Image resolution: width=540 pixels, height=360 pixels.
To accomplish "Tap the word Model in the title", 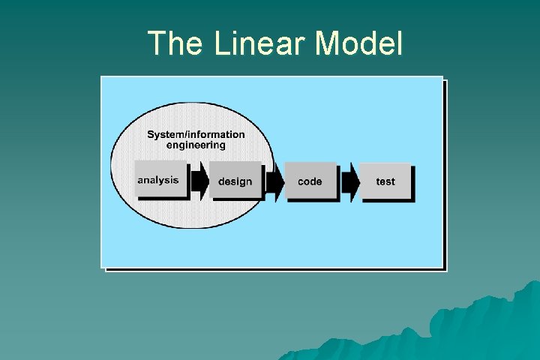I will (x=359, y=43).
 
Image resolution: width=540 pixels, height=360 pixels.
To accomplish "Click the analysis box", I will (x=159, y=180).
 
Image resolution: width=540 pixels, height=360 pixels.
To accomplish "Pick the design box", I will (x=235, y=181).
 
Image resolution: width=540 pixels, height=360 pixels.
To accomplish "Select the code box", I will (x=310, y=181).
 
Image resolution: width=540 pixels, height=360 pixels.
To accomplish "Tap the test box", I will (x=385, y=181).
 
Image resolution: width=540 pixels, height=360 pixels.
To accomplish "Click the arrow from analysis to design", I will (x=199, y=181).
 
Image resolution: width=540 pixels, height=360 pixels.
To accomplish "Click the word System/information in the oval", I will (x=196, y=135).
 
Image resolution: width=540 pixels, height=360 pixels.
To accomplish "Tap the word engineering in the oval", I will (x=196, y=145).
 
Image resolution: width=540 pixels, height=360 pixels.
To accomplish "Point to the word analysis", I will (x=158, y=180).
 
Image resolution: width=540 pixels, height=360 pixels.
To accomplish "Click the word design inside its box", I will (x=235, y=181).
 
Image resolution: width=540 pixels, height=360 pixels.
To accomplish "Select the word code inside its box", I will (x=310, y=181).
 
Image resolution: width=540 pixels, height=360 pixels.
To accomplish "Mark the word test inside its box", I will (x=385, y=181).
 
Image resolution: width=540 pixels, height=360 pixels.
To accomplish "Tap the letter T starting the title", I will (x=157, y=43).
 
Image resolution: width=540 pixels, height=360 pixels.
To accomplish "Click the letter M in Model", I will (x=328, y=43).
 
